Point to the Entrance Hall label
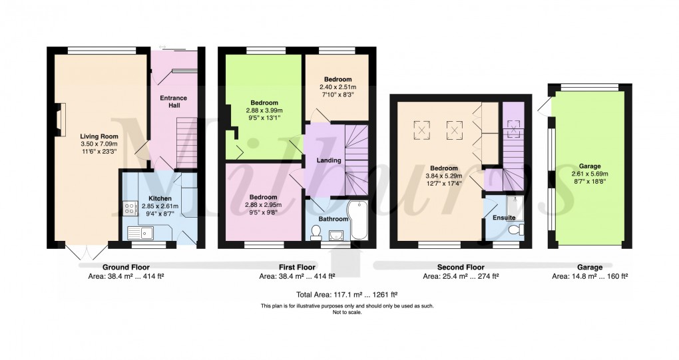[x=174, y=102]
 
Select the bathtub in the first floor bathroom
[x=357, y=220]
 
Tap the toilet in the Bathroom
[x=317, y=232]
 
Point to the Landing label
[x=328, y=160]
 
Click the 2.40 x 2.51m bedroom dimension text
[x=336, y=87]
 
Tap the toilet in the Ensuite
[x=514, y=230]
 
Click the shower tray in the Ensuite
[x=515, y=207]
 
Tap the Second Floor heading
[x=460, y=267]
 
